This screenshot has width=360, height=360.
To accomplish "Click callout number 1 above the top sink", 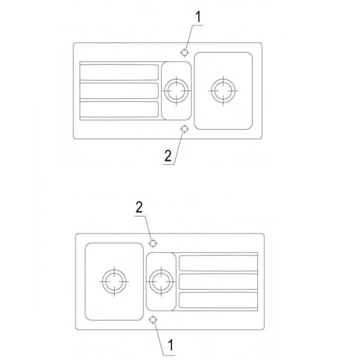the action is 198,17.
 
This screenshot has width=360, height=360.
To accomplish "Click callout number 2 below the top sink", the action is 168,156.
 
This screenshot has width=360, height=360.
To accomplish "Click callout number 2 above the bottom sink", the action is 139,207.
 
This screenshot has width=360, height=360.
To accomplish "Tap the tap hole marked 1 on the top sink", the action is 184,53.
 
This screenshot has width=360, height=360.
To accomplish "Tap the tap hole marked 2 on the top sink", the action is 184,129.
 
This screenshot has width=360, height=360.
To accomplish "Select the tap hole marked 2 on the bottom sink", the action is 153,243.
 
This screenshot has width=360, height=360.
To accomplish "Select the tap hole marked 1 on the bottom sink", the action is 153,320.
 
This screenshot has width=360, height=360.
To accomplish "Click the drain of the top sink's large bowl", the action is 223,91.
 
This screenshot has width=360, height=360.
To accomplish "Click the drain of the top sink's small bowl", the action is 176,91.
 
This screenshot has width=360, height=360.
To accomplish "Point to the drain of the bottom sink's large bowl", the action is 114,281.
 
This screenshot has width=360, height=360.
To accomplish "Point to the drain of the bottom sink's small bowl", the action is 161,281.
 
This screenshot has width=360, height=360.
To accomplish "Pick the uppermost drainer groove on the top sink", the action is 119,72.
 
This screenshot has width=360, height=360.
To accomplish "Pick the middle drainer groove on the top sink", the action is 119,91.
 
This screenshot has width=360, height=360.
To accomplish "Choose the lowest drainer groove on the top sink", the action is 119,109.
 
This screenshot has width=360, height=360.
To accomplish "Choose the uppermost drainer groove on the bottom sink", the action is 218,263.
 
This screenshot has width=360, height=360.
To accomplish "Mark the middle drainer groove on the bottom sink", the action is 218,282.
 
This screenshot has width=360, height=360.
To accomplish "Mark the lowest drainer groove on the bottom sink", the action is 218,300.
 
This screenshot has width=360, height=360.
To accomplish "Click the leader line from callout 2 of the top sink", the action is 179,148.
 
